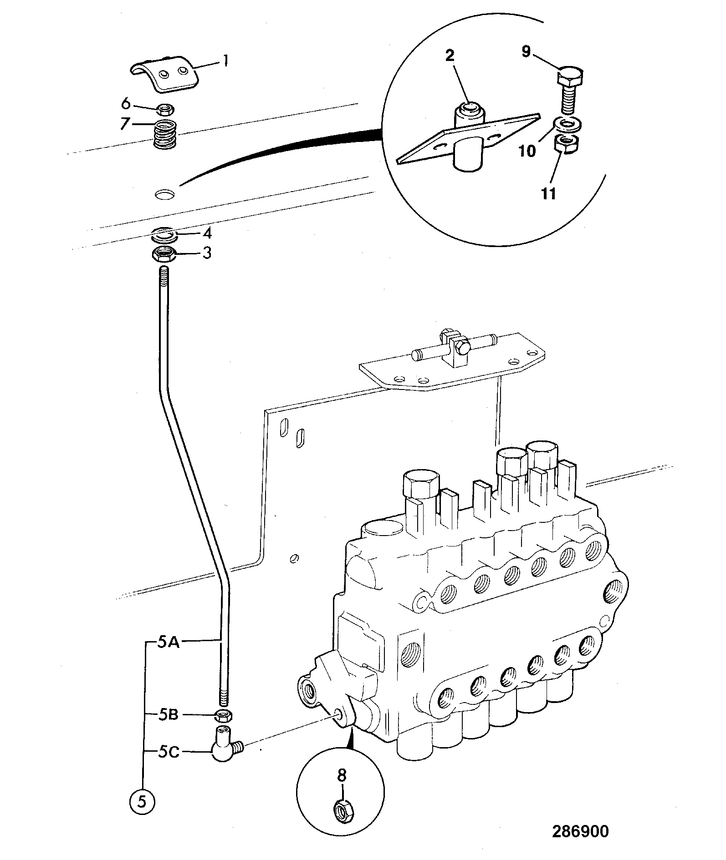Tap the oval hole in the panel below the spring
164,195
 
